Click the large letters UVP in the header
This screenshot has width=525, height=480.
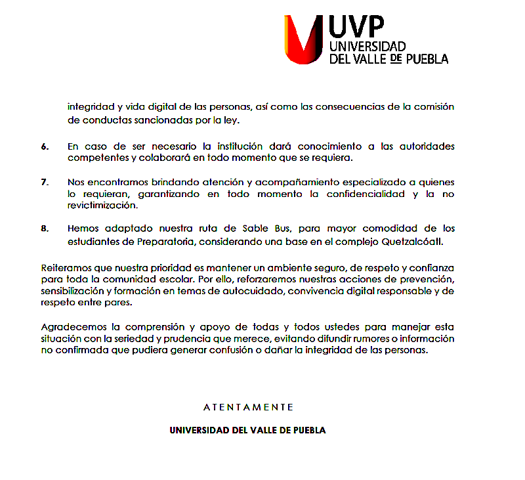click(x=356, y=28)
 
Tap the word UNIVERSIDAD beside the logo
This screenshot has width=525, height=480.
click(x=367, y=47)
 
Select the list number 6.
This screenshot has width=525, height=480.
click(x=45, y=146)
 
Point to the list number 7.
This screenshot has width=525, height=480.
click(x=45, y=182)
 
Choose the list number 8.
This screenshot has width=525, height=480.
click(x=45, y=229)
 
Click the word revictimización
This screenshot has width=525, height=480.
click(x=101, y=206)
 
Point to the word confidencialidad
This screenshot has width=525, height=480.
click(x=363, y=194)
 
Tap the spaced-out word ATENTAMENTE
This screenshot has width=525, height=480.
click(x=248, y=407)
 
